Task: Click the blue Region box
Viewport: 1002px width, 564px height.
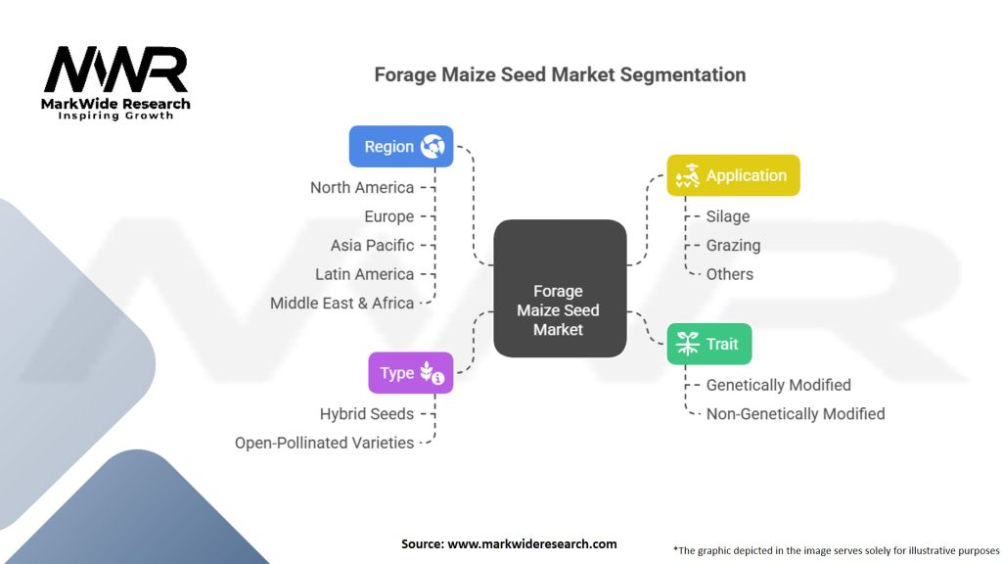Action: click(x=401, y=146)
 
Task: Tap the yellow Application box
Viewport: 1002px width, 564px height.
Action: click(x=733, y=175)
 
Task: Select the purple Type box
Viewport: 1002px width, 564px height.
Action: click(x=410, y=373)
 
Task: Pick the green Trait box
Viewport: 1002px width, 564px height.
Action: click(x=709, y=344)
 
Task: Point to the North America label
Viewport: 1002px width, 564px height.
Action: click(x=362, y=187)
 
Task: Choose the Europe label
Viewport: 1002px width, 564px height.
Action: click(x=388, y=216)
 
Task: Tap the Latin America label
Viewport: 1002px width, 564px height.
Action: click(x=364, y=274)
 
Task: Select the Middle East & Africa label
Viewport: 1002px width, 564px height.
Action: click(x=342, y=304)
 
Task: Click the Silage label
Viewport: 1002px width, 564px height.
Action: click(x=728, y=216)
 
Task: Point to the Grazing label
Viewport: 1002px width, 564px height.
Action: click(x=733, y=245)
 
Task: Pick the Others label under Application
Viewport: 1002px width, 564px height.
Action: click(x=730, y=274)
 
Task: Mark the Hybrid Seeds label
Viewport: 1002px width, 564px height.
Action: click(x=367, y=413)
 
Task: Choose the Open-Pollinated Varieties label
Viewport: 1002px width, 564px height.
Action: click(x=324, y=443)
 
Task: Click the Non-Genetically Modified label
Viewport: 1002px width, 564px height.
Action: click(x=796, y=413)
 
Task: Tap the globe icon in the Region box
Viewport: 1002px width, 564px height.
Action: click(x=433, y=147)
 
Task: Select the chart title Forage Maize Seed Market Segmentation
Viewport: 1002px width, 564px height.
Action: click(x=560, y=74)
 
